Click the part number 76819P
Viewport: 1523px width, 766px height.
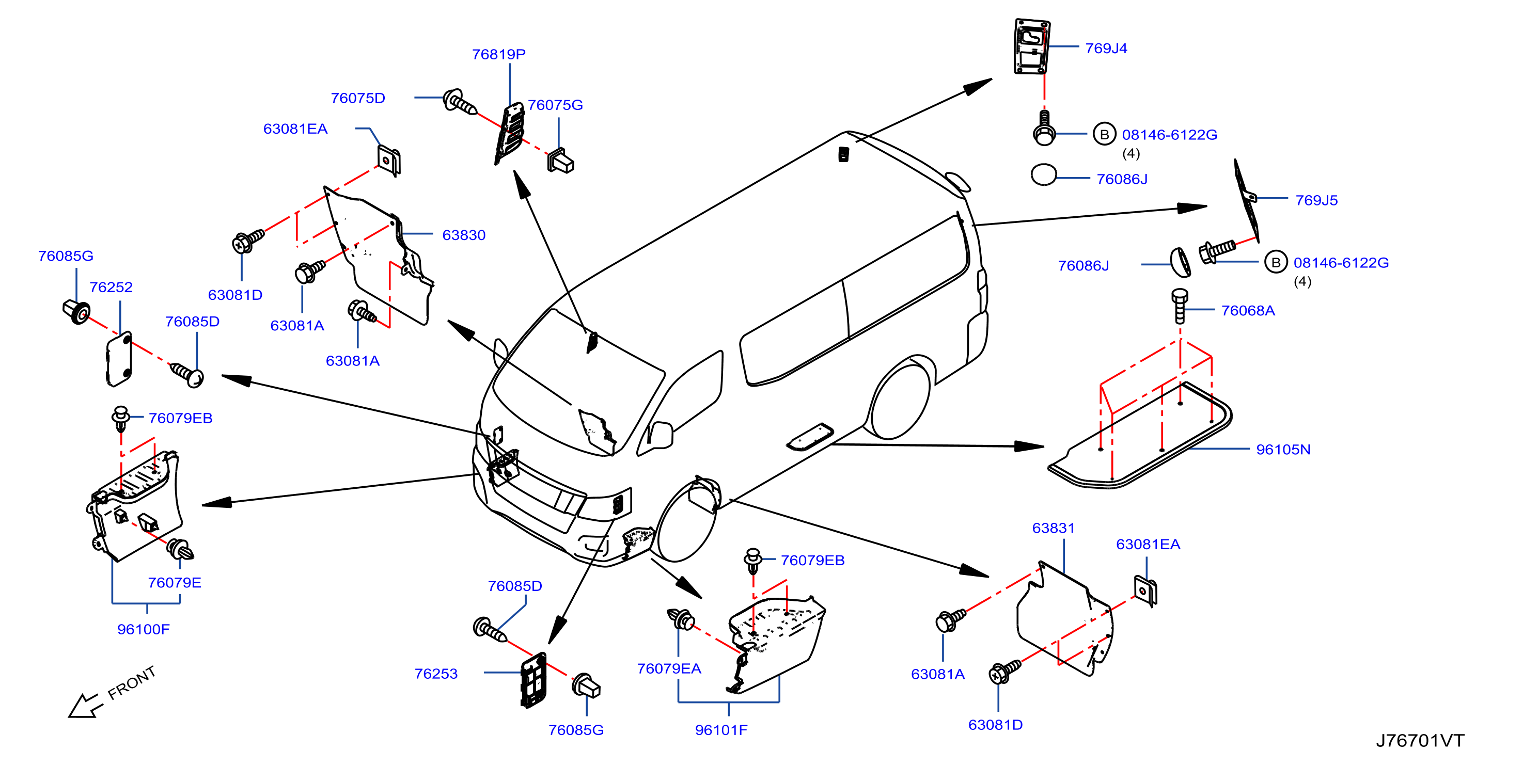pos(498,54)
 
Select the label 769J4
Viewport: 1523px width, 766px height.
pos(1106,49)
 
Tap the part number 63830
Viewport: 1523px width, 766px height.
pos(464,235)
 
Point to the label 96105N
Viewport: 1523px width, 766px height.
pos(1283,450)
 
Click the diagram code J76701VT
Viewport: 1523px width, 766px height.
pos(1420,741)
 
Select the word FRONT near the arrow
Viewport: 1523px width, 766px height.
pos(131,683)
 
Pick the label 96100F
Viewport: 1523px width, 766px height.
pos(143,629)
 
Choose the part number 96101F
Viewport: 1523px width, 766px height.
pos(721,730)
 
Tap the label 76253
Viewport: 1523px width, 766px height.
pos(436,674)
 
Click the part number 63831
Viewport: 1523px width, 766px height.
pos(1053,529)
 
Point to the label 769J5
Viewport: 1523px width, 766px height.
pos(1316,200)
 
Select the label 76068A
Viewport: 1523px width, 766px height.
pos(1248,311)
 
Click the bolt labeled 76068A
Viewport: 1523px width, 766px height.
pos(1180,306)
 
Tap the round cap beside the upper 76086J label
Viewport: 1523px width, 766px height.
pos(1044,174)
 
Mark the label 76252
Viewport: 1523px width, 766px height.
pos(111,287)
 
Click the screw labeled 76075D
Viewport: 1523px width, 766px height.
pos(460,102)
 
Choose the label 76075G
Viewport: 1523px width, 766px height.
pos(555,105)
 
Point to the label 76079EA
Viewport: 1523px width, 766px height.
pos(669,668)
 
